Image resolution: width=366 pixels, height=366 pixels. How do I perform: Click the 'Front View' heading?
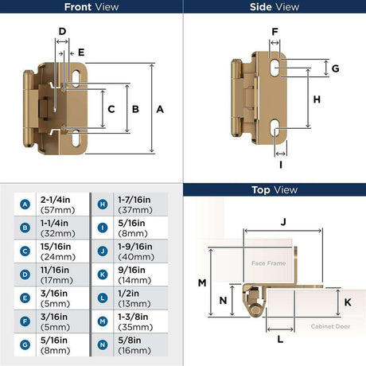point(91,7)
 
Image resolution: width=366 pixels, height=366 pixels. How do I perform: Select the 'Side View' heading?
point(274,7)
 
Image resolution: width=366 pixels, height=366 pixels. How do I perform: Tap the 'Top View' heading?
point(274,190)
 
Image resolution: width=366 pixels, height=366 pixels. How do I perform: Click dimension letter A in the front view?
point(160,109)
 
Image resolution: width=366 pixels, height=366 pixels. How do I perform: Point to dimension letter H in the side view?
point(317,99)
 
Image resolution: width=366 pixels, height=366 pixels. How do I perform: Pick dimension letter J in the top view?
point(283,222)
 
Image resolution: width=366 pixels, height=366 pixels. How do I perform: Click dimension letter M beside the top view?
point(202,283)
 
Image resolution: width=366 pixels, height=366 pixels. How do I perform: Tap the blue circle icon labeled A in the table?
point(25,204)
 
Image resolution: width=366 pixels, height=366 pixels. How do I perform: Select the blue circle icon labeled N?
point(103,345)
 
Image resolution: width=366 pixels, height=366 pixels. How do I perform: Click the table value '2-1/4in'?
point(55,200)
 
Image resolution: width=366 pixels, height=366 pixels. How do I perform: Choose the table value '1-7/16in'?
point(134,200)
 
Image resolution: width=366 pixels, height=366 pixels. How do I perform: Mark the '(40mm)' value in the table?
point(136,257)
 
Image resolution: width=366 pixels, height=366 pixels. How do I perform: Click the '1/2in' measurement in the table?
point(128,294)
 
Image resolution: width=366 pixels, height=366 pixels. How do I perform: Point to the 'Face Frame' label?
point(269,263)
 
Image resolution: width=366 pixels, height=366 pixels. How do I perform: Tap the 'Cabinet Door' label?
point(330,326)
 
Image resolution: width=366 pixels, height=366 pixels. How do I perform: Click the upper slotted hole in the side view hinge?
point(275,68)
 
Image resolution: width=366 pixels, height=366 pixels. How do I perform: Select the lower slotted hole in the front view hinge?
point(76,138)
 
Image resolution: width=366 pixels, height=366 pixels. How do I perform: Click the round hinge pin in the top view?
point(255,310)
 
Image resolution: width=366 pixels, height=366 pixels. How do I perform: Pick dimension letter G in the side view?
point(336,68)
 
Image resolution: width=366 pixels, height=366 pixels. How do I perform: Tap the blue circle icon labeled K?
point(103,274)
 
